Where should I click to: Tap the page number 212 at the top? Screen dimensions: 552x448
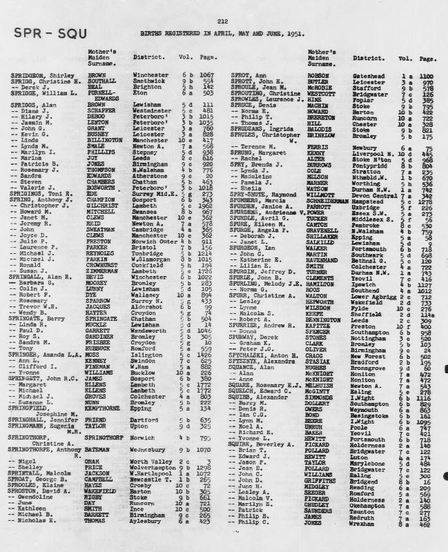click(x=223, y=22)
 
